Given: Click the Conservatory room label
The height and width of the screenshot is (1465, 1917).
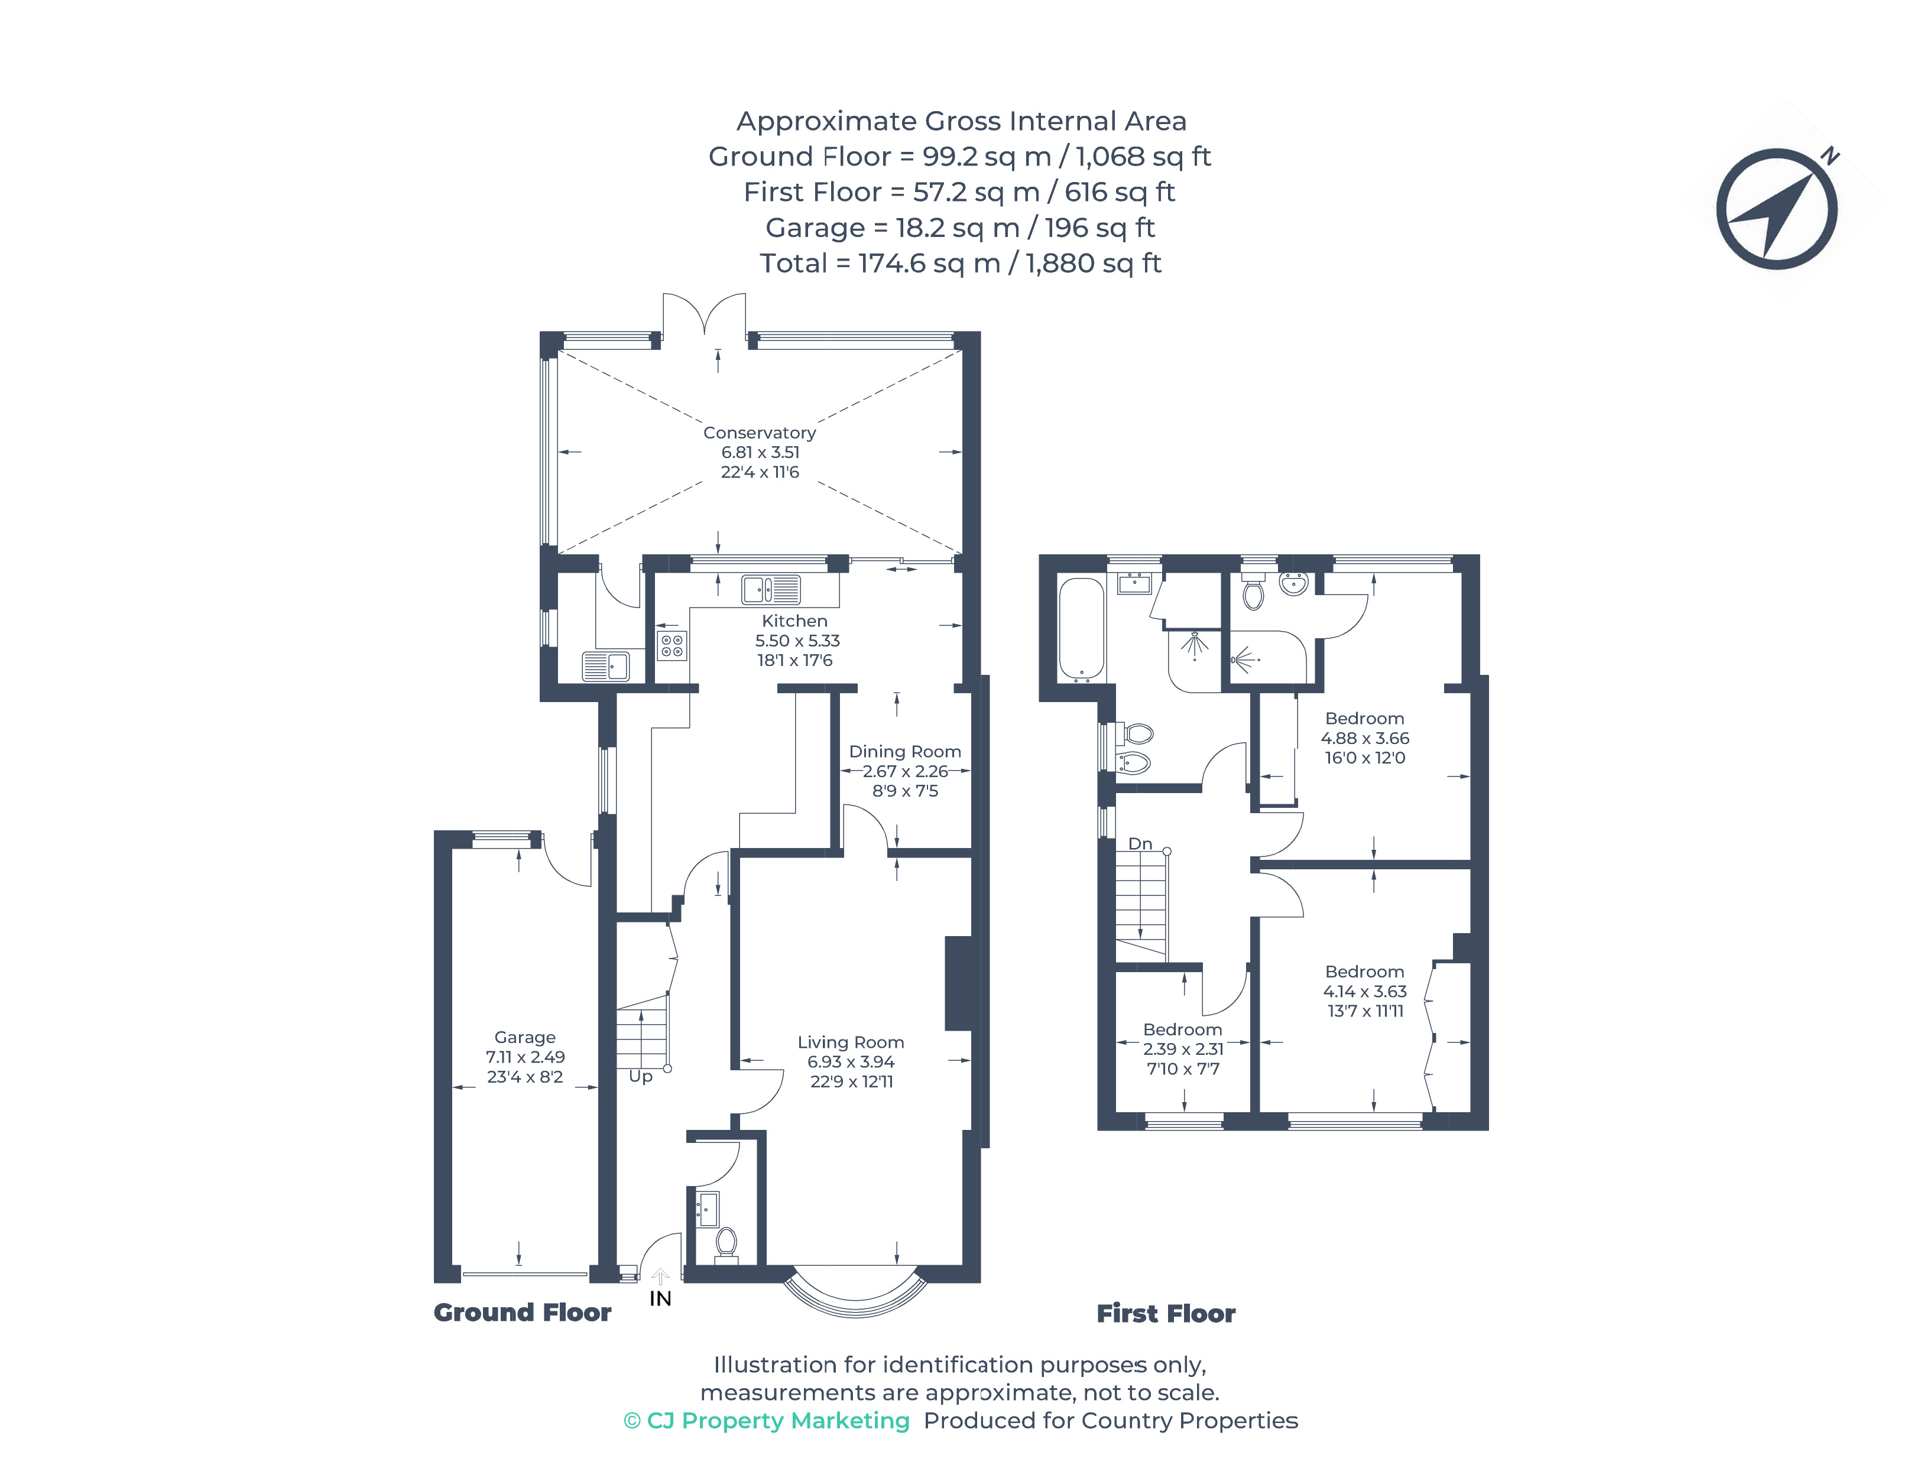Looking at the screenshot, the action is [759, 433].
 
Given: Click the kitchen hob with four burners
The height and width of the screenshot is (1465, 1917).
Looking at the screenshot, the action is [672, 646].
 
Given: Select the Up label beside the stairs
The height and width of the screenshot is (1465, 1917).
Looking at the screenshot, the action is [640, 1077].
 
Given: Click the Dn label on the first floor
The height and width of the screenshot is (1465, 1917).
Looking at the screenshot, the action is [1140, 844].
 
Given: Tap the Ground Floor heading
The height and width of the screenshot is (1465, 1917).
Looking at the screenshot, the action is [523, 1313].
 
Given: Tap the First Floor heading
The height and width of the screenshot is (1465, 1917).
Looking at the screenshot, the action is [1166, 1313].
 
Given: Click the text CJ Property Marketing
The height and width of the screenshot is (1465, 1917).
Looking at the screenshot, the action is [778, 1421].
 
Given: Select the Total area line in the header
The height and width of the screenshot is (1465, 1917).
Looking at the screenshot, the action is [960, 264].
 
